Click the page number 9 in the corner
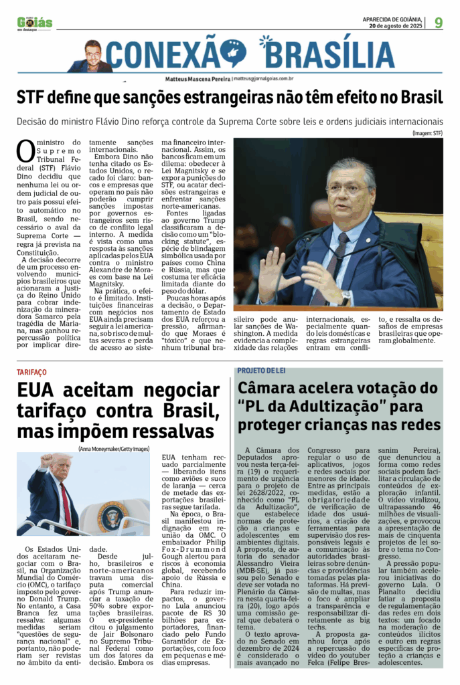coord(438,22)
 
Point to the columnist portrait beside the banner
coord(92,56)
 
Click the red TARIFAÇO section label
coord(32,371)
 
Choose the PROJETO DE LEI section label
coord(265,371)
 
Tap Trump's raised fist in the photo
coord(46,461)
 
